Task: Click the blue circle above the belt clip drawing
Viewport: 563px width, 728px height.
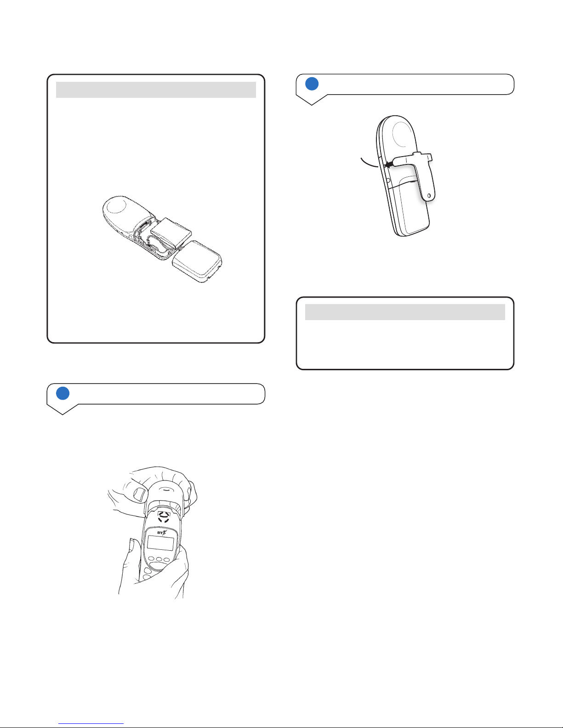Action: [312, 84]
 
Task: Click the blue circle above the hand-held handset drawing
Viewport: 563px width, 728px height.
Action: [63, 393]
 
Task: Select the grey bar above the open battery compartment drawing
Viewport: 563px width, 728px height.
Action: [156, 90]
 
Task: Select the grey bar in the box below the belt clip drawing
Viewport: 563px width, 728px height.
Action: [405, 312]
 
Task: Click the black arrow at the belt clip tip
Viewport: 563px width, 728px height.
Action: [389, 164]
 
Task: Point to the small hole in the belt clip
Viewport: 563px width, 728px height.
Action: [429, 195]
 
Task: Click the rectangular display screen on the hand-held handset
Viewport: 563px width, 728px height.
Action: [160, 543]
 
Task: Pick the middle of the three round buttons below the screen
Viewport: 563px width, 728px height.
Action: [159, 559]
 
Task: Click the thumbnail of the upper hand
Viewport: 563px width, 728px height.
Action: [140, 494]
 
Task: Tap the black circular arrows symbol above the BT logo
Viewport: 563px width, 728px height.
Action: [164, 516]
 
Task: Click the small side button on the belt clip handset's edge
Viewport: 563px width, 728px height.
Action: [388, 180]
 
